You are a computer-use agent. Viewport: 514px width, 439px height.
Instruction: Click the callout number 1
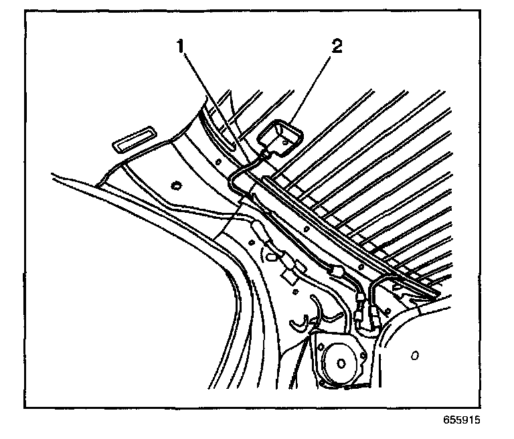179,47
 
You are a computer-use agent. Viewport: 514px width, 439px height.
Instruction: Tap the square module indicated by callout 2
280,137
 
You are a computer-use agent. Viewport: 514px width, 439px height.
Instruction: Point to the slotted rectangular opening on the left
133,141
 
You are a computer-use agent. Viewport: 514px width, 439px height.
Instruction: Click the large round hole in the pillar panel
177,185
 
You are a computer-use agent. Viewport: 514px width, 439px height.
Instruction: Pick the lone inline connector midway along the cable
336,270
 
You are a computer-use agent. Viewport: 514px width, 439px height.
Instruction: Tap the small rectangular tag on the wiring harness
290,274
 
